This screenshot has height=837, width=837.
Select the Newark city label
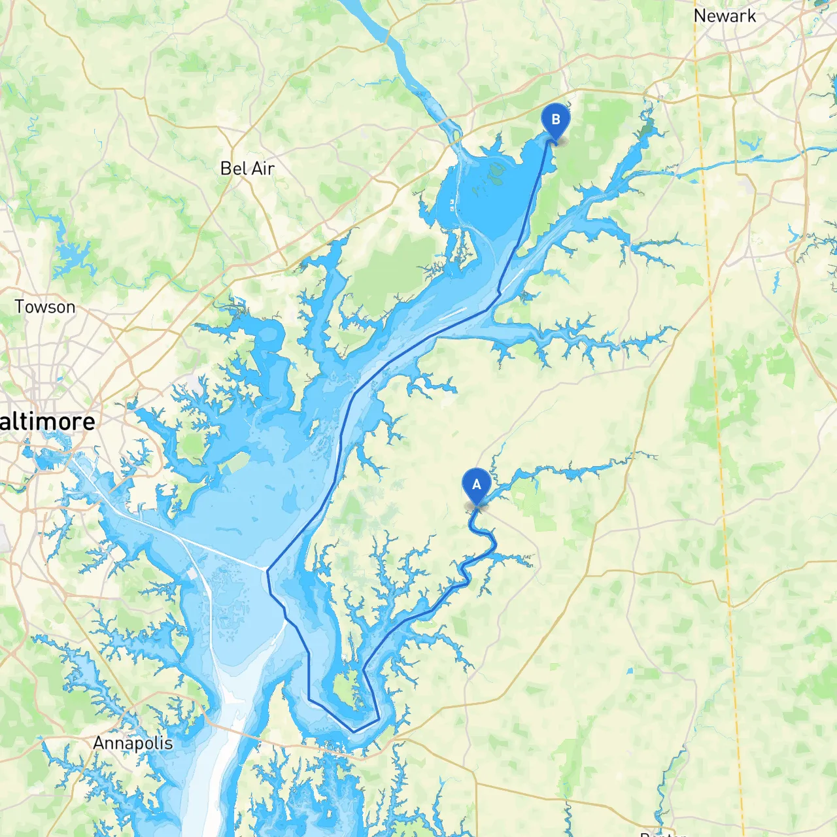click(725, 16)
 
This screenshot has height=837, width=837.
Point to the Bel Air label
click(247, 169)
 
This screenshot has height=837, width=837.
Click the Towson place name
click(44, 307)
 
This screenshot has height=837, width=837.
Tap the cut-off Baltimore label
click(47, 422)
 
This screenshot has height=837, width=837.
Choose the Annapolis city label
click(133, 743)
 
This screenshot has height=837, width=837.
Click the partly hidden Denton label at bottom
click(662, 833)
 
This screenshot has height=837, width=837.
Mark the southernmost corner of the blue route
click(354, 731)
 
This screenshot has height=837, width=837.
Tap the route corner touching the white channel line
click(267, 570)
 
